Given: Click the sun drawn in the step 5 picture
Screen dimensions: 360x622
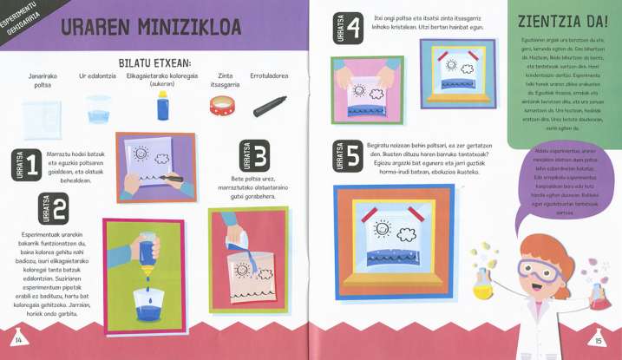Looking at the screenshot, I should point(381,231).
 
